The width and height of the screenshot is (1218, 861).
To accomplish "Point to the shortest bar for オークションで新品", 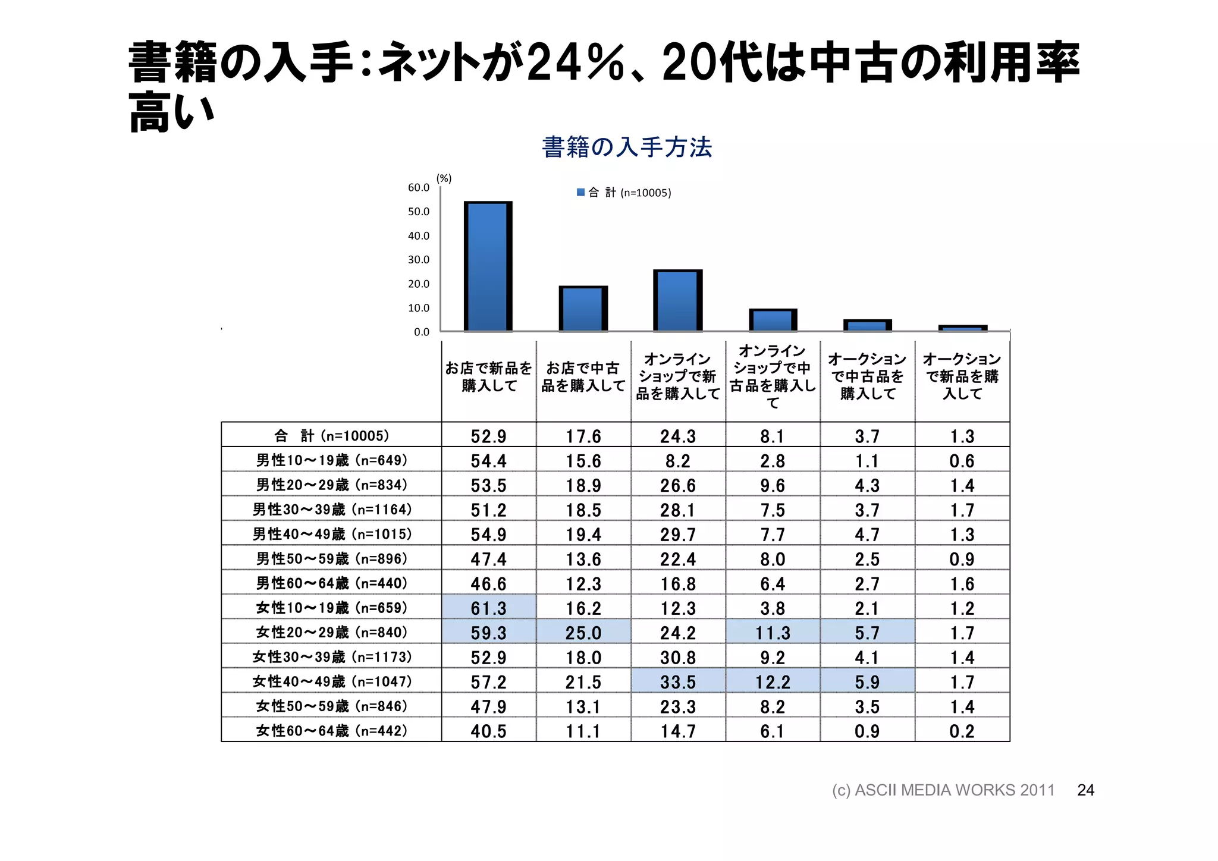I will (x=962, y=328).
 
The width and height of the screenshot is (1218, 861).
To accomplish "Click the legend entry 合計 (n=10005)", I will (x=624, y=193).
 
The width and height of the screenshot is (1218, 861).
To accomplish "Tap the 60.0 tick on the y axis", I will (x=418, y=187).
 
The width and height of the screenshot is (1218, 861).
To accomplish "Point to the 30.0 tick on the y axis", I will (x=418, y=259).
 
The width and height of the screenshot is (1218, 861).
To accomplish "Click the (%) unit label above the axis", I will (x=444, y=178).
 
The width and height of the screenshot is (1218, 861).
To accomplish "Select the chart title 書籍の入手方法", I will (x=627, y=147).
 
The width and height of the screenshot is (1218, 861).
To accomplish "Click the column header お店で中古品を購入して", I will (x=583, y=377).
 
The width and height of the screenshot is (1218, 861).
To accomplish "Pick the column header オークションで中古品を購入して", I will (x=867, y=376).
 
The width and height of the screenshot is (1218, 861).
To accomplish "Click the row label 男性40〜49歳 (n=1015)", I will (x=332, y=534).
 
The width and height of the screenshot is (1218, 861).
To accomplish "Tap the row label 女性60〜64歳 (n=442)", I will (x=332, y=730).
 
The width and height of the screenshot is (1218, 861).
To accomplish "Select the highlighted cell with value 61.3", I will (x=488, y=608).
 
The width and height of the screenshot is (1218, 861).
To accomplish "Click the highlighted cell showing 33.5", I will (x=677, y=682).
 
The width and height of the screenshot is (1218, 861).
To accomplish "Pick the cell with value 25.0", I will (x=583, y=633).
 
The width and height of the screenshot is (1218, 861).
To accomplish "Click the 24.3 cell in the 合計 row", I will (x=677, y=436).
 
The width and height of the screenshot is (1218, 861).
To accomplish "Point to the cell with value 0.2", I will (x=962, y=731).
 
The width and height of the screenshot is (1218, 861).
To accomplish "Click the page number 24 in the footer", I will (x=1085, y=790).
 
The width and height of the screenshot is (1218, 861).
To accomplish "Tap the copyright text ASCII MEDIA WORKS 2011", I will (x=943, y=790).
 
